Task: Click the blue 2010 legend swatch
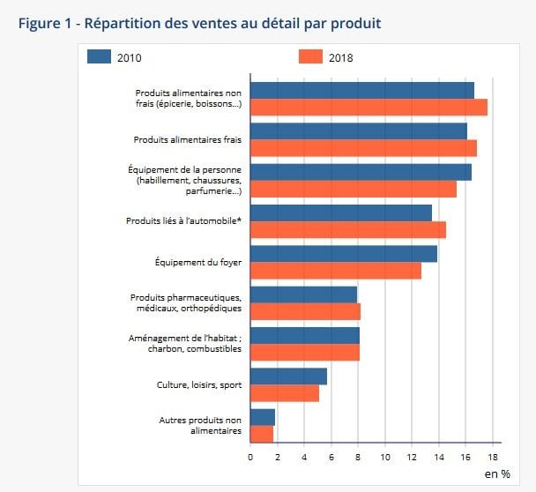coord(100,57)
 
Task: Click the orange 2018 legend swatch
coord(310,57)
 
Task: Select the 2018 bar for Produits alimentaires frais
coord(363,147)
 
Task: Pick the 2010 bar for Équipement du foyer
coord(344,254)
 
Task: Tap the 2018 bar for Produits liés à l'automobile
coord(348,229)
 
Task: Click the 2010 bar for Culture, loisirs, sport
coord(288,376)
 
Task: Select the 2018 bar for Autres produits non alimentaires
coord(262,434)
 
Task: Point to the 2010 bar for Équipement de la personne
coord(361,172)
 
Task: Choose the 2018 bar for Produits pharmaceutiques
coord(305,311)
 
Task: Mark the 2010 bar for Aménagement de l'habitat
coord(305,336)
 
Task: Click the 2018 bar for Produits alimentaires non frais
coord(368,107)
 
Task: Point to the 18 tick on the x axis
coord(493,457)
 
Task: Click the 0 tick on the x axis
coord(250,457)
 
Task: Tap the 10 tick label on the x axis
coord(385,457)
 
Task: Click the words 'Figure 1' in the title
coord(43,23)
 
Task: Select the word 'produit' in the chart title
coord(354,23)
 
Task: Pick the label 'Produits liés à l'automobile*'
coord(184,220)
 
